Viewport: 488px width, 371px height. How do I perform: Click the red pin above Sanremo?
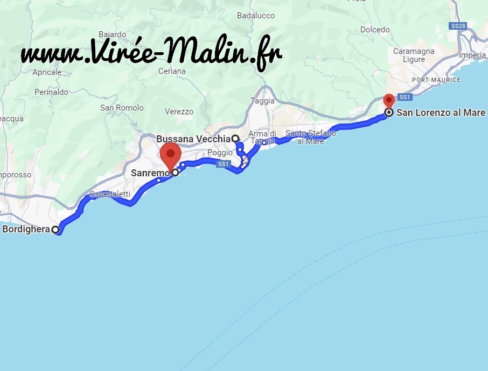point(171,154)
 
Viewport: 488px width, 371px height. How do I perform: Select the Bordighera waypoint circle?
point(55,230)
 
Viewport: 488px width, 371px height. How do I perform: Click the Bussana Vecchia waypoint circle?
point(235,138)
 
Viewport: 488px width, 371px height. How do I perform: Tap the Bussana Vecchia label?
point(193,139)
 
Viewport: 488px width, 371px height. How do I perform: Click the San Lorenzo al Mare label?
point(441,113)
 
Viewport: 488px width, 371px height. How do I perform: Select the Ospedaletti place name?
point(110,194)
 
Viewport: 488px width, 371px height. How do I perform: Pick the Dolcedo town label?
point(375,29)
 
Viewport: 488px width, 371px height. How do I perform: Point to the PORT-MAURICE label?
point(436,80)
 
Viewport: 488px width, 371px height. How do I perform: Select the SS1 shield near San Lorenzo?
point(405,97)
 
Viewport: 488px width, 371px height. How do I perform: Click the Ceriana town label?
point(172,71)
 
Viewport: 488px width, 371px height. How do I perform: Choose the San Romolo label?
point(122,108)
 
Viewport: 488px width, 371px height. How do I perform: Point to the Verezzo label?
point(179,112)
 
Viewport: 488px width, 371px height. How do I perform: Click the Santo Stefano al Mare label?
point(311,137)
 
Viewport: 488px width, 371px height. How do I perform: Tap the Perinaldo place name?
point(51,92)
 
